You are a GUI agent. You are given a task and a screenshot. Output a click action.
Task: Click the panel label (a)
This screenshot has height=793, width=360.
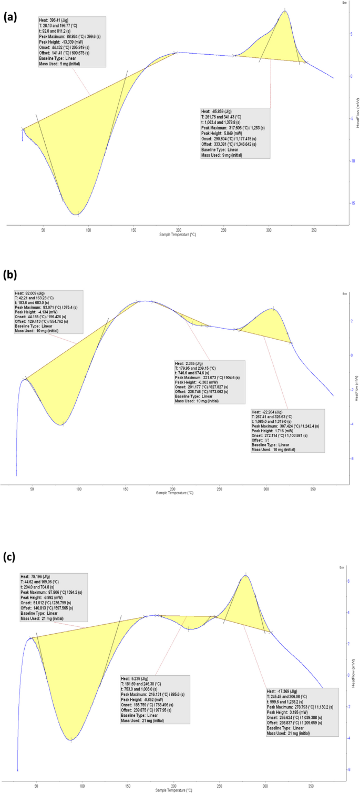click(x=12, y=17)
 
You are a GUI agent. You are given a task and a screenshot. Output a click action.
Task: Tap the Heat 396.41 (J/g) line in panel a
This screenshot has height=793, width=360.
click(x=56, y=21)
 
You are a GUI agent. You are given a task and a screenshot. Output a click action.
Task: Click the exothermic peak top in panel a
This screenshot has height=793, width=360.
click(x=285, y=11)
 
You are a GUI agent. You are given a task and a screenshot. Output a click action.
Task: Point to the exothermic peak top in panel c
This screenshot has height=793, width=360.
click(x=245, y=575)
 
